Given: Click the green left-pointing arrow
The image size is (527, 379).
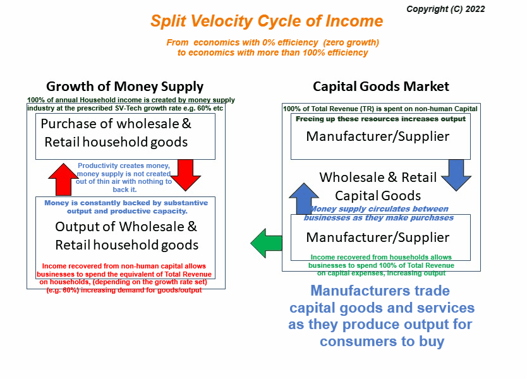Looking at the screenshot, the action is tap(266, 243).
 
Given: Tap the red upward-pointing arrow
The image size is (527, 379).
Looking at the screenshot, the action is tap(63, 180).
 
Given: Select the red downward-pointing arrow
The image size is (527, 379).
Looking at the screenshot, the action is tap(186, 175).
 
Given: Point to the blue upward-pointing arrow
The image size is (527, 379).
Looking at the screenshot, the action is tap(304, 199).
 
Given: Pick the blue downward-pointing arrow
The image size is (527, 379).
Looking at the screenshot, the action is tap(456, 175).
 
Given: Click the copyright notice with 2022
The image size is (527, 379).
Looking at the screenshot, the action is tap(445, 9).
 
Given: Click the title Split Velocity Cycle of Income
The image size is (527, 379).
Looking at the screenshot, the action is tap(267, 21).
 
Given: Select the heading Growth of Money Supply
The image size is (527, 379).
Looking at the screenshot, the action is tap(124, 87).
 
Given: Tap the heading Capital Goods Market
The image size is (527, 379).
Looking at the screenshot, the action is tap(381, 87).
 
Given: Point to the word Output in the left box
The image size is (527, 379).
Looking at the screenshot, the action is tap(77, 227).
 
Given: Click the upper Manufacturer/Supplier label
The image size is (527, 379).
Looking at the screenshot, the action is tap(377, 136).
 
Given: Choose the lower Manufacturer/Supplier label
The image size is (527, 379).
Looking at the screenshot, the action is tap(377, 238).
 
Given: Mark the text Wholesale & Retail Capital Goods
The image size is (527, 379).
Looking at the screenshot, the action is tap(378, 186).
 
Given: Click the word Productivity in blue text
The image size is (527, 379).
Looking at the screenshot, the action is tap(97, 165).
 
